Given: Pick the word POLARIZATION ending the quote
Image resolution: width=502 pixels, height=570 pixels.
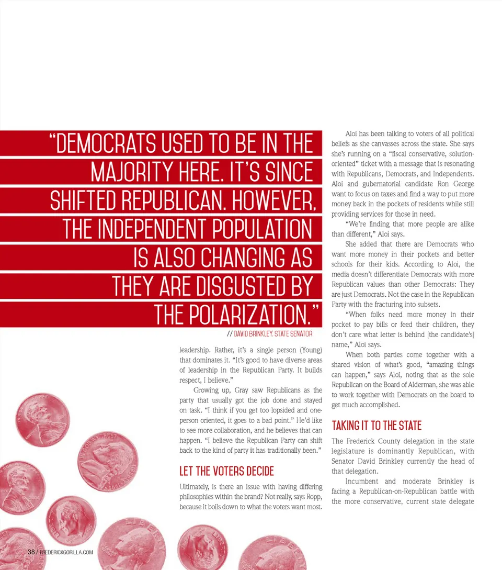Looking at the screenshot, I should [236, 315].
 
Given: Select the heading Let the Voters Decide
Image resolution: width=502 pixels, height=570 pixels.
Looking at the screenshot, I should [226, 471].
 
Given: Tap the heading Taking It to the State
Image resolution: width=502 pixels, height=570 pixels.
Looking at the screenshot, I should [376, 426].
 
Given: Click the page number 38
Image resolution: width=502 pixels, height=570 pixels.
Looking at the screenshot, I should [31, 552].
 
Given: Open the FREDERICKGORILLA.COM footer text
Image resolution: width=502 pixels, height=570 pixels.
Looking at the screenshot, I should [66, 552].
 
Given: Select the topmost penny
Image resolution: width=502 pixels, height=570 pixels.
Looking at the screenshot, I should [42, 419].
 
